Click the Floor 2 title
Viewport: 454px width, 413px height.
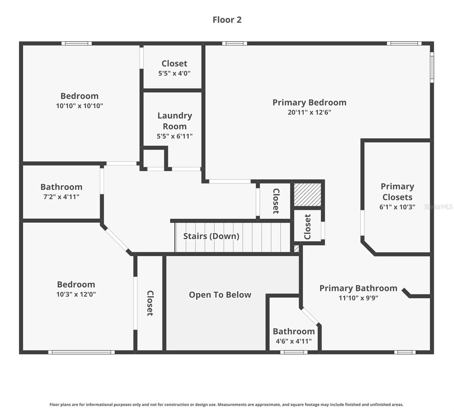tap(227, 20)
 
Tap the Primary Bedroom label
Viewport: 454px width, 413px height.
tap(310, 103)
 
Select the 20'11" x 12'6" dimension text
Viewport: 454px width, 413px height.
tap(310, 112)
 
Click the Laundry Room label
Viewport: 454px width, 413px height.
tap(175, 121)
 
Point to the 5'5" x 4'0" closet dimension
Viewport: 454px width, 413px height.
tap(174, 73)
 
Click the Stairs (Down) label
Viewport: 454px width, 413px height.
tap(211, 236)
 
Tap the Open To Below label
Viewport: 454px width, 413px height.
tap(220, 295)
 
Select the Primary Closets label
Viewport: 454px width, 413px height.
tap(397, 192)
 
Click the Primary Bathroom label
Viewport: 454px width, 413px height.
tap(358, 288)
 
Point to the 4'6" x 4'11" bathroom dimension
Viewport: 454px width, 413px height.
tap(294, 341)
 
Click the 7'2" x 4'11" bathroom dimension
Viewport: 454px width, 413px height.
tap(61, 197)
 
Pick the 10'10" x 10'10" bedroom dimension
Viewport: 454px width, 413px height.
tap(79, 106)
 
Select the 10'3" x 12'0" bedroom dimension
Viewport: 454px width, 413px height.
tap(76, 294)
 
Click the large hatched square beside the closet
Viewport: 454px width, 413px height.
tap(307, 194)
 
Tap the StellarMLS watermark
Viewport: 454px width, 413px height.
tap(438, 206)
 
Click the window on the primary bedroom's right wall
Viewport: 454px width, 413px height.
tap(432, 67)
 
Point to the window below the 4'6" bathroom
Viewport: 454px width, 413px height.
tap(294, 352)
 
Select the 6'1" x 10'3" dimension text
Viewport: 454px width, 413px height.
tap(397, 207)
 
